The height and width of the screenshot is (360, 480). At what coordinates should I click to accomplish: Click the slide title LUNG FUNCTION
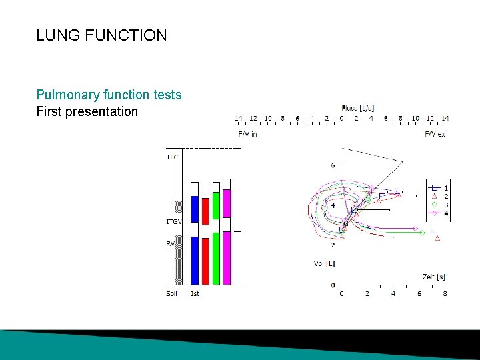pos(101,35)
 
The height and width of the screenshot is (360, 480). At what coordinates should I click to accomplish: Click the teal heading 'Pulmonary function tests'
pos(109,95)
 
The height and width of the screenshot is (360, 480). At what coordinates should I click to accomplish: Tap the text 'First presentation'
pos(87,111)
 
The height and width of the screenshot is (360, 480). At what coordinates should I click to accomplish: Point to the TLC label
pos(172,157)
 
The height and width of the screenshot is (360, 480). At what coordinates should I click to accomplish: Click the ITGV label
pos(173,221)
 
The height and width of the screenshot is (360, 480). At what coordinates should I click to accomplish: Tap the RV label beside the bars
pos(171,243)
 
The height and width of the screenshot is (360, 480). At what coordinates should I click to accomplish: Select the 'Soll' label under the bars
pos(172,293)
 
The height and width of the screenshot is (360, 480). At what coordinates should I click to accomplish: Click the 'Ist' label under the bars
pos(195,293)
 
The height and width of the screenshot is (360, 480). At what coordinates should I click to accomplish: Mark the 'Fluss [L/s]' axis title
pos(357,108)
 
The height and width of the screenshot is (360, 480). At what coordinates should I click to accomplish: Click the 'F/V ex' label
pos(435,134)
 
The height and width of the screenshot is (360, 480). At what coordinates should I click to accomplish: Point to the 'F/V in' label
pos(248,134)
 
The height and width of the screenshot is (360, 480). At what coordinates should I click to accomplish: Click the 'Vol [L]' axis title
pos(324,263)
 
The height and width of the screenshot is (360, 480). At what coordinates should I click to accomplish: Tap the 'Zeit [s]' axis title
pos(434,276)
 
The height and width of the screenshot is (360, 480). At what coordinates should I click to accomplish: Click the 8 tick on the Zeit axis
pos(445,293)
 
